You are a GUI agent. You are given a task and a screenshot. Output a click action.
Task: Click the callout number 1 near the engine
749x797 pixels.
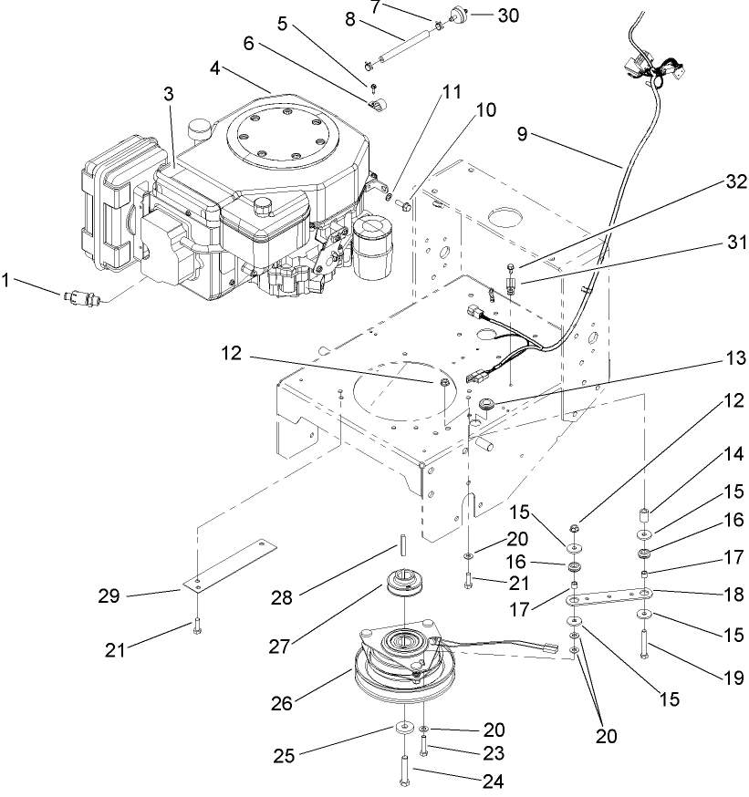tap(10, 282)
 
